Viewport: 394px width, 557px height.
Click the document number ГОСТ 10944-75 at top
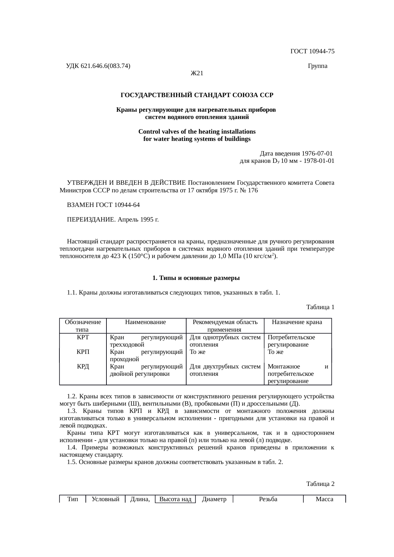click(x=312, y=51)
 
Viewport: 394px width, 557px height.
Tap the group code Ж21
click(x=197, y=73)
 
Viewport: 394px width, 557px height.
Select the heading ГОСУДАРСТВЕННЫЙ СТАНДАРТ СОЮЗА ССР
click(x=197, y=95)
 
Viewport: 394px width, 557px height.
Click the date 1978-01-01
click(x=319, y=161)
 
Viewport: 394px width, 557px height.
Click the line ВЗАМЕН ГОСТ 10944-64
click(x=103, y=205)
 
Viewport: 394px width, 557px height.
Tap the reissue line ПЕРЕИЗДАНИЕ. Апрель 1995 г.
click(x=113, y=220)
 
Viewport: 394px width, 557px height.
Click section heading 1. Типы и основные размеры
click(x=196, y=278)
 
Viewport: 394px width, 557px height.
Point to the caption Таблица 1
click(x=320, y=307)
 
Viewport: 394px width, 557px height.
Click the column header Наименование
click(x=146, y=322)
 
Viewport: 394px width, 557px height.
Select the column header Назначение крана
click(x=297, y=322)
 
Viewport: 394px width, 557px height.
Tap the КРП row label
click(x=83, y=352)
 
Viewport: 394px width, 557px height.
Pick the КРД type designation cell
click(x=83, y=367)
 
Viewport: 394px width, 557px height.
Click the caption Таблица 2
click(x=320, y=484)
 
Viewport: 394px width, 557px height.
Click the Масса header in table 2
click(x=324, y=499)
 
